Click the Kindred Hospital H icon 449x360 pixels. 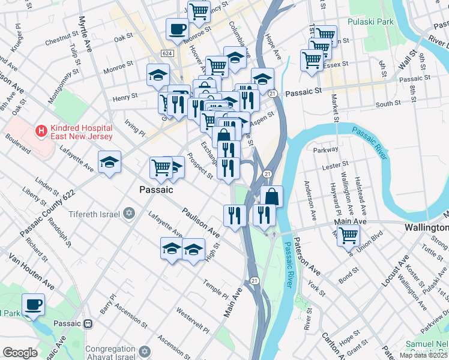[x=41, y=130]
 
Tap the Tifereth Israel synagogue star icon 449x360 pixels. [x=128, y=214]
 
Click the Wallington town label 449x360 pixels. [x=426, y=228]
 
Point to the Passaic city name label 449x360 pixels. [x=156, y=190]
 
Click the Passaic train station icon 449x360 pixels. [x=88, y=323]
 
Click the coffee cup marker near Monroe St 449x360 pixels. [x=177, y=28]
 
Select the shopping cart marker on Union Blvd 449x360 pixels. [x=348, y=235]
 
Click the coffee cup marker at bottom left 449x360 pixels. [x=34, y=304]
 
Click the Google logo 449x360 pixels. [x=20, y=353]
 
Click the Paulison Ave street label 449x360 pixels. [x=200, y=220]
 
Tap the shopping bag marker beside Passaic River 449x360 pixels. [x=271, y=196]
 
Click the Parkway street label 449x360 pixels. [x=330, y=150]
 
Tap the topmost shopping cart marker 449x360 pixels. [x=198, y=11]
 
